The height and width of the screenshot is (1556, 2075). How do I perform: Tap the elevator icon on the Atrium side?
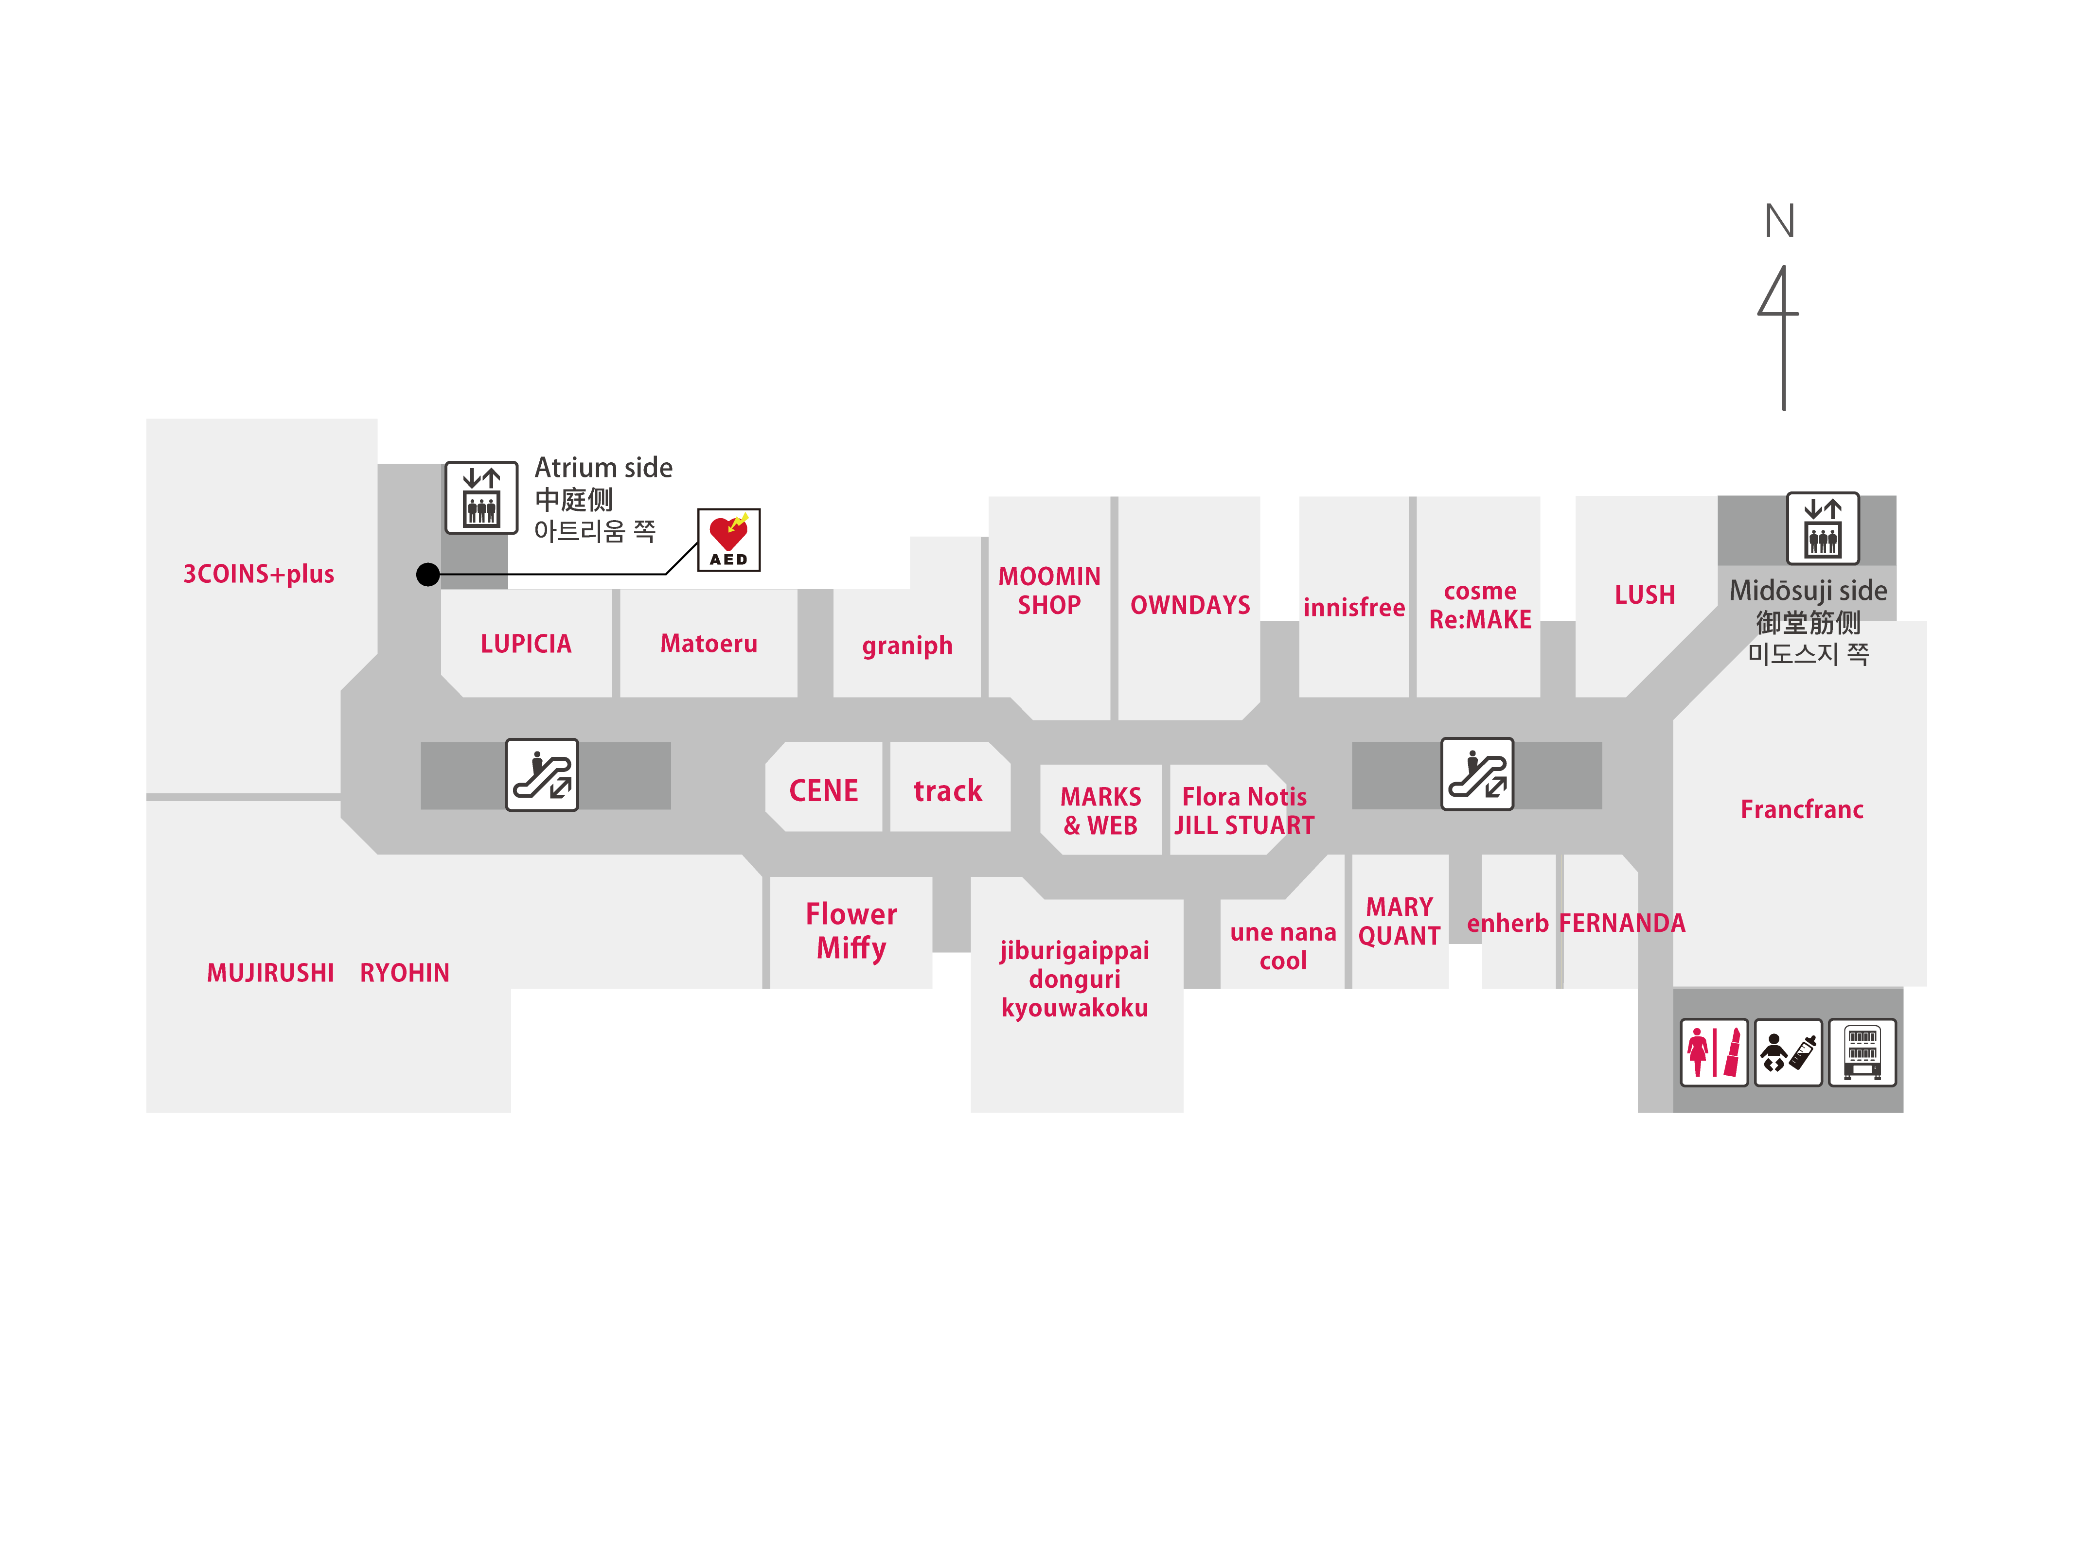click(x=481, y=497)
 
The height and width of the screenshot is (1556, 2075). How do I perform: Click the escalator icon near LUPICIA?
click(x=541, y=775)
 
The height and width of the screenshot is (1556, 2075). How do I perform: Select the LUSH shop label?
click(x=1645, y=594)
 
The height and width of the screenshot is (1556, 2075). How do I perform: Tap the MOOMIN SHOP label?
click(x=1049, y=591)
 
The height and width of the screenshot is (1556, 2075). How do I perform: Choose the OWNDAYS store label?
click(x=1189, y=605)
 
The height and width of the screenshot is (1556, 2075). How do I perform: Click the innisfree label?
click(x=1354, y=608)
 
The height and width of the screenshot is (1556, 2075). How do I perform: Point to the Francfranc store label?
click(x=1801, y=809)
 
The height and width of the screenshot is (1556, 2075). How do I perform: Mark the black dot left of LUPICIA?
click(x=428, y=574)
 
